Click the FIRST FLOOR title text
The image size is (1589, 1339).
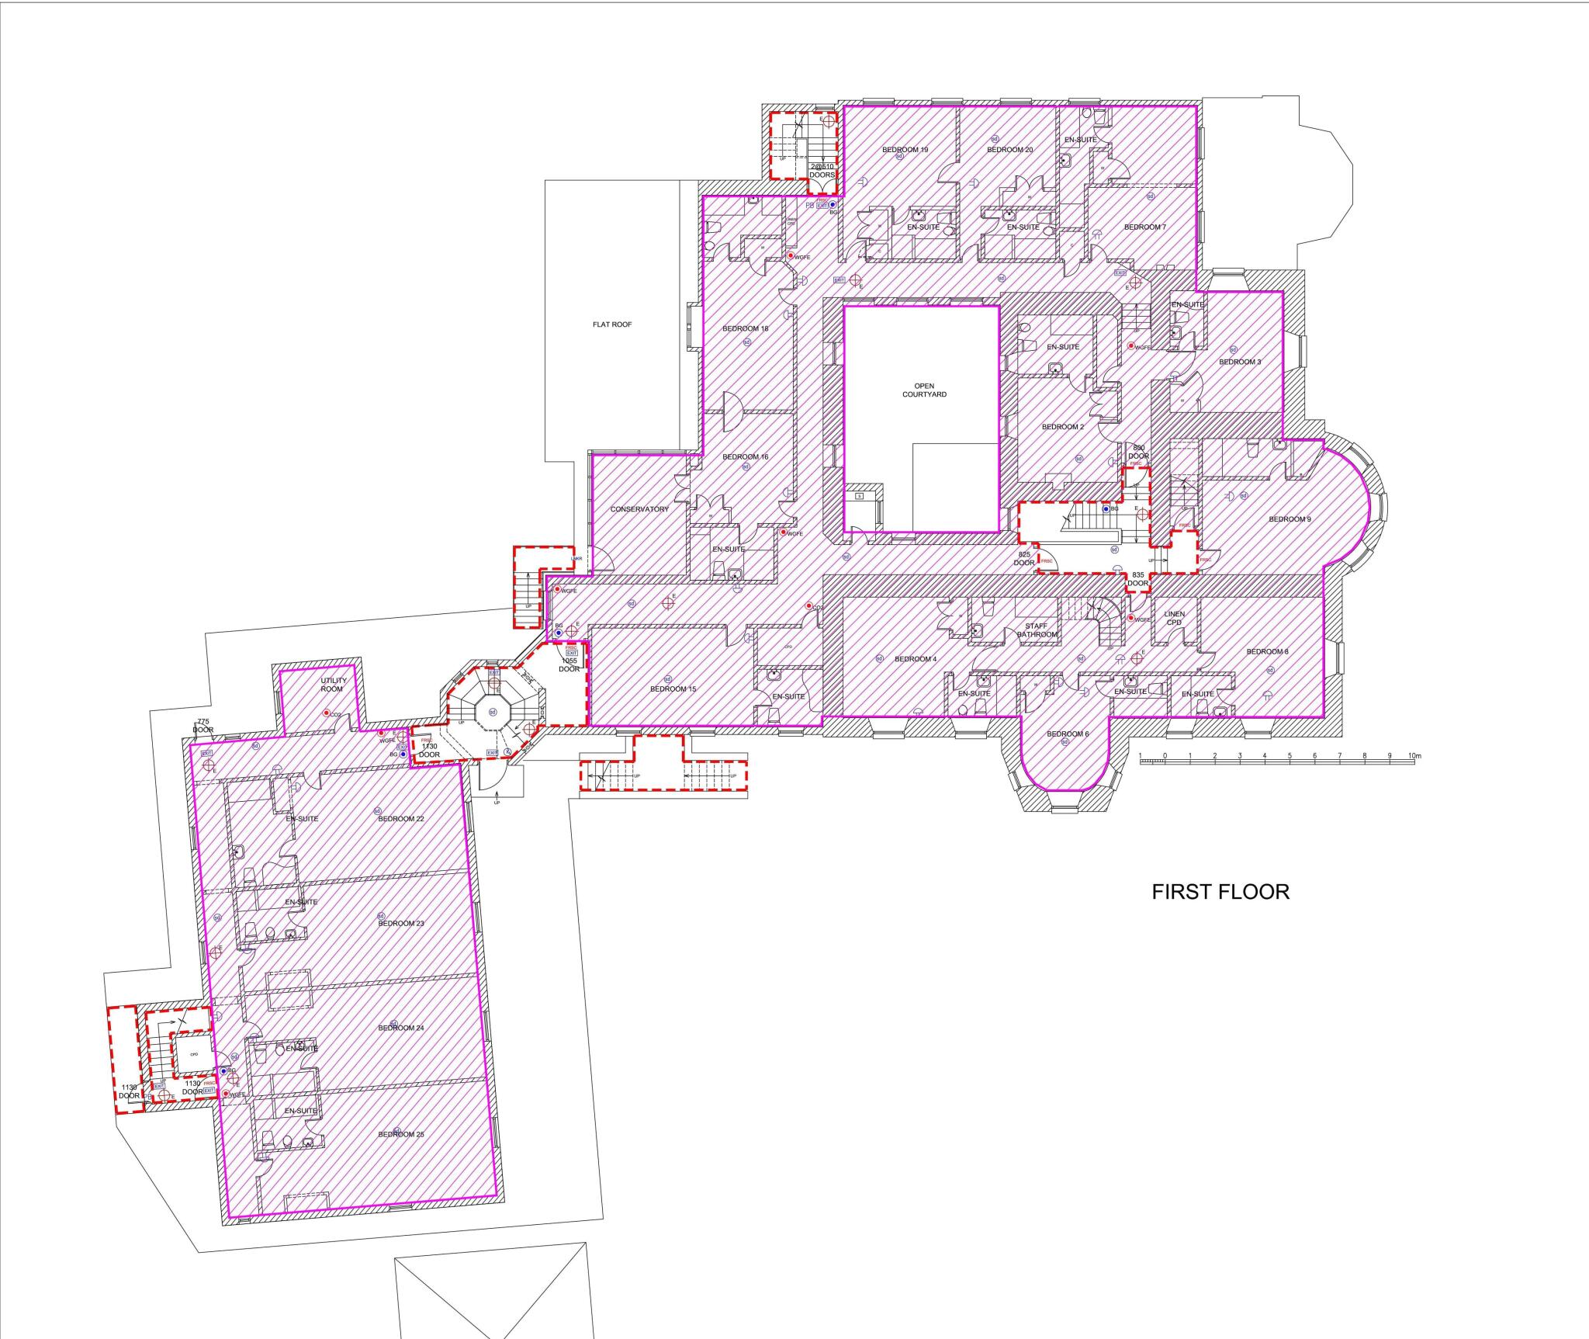coord(1220,892)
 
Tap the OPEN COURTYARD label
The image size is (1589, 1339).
coord(923,390)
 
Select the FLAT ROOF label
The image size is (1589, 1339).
coord(612,324)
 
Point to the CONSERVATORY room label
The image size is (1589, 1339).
coord(639,509)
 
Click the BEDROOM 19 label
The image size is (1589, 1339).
coord(905,150)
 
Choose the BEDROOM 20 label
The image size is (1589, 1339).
coord(1009,150)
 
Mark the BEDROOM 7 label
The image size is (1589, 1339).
coord(1144,227)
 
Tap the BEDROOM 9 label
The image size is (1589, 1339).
coord(1290,519)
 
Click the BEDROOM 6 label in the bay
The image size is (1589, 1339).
coord(1068,734)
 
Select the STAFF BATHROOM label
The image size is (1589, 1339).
coord(1037,630)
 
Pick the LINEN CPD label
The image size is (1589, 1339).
coord(1174,618)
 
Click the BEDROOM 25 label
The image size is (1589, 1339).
coord(401,1134)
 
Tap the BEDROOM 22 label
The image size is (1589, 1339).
coord(401,819)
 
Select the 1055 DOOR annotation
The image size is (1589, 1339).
coord(569,665)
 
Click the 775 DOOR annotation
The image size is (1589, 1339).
coord(203,726)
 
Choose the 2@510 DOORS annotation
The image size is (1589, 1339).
coord(822,171)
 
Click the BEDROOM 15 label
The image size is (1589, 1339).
coord(673,689)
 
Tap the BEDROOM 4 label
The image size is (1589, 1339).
coord(916,659)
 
